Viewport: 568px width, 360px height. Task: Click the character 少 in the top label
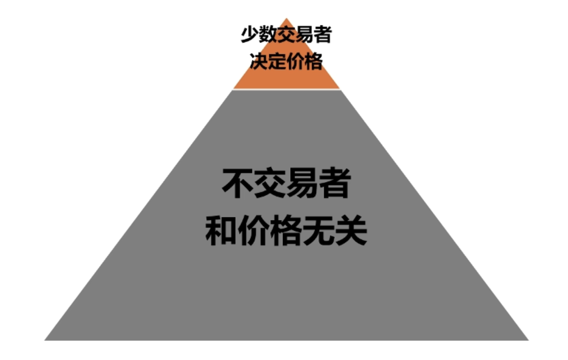click(250, 34)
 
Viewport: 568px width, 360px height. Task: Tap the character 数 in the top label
click(269, 34)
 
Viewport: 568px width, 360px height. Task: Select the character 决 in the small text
click(258, 61)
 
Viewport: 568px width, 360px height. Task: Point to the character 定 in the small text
click(277, 61)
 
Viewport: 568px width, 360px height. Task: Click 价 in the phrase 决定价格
click(295, 61)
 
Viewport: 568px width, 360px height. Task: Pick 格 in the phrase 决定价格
click(313, 61)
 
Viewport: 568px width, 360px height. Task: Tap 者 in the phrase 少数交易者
click(323, 34)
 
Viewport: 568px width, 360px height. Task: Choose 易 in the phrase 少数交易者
click(304, 34)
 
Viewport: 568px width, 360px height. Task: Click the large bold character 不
click(238, 183)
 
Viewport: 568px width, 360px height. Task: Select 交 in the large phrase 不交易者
click(270, 183)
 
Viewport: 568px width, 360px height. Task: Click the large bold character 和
click(222, 231)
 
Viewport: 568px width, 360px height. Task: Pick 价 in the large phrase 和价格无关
click(254, 231)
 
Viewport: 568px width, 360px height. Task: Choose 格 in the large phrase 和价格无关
click(286, 231)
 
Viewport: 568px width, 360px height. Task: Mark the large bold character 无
click(318, 231)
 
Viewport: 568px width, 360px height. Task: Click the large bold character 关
click(351, 231)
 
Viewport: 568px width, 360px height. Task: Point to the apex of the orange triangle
click(287, 18)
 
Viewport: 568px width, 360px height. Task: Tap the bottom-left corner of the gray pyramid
click(45, 340)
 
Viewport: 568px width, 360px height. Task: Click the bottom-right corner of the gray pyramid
click(528, 340)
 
